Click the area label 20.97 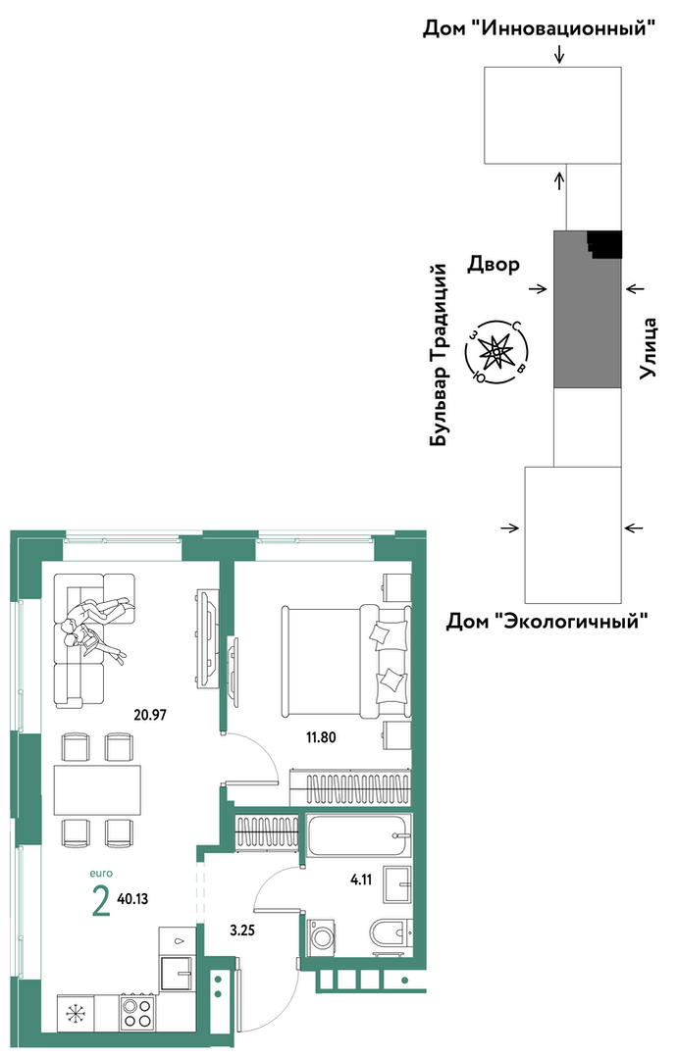(x=150, y=715)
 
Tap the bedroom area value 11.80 (x=321, y=737)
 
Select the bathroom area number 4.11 (x=361, y=880)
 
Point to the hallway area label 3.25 (x=242, y=931)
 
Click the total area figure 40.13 (x=132, y=898)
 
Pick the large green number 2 (x=100, y=900)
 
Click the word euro (x=101, y=874)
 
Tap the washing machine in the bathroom (x=322, y=937)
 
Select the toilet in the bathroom (x=390, y=935)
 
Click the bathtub (x=358, y=835)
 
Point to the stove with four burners (x=138, y=1013)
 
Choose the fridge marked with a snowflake (x=75, y=1013)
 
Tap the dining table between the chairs (x=98, y=790)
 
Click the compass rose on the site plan (x=497, y=351)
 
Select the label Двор (x=494, y=265)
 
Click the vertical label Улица (x=649, y=347)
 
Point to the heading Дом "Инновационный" (x=540, y=29)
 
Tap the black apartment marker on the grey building (x=604, y=243)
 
